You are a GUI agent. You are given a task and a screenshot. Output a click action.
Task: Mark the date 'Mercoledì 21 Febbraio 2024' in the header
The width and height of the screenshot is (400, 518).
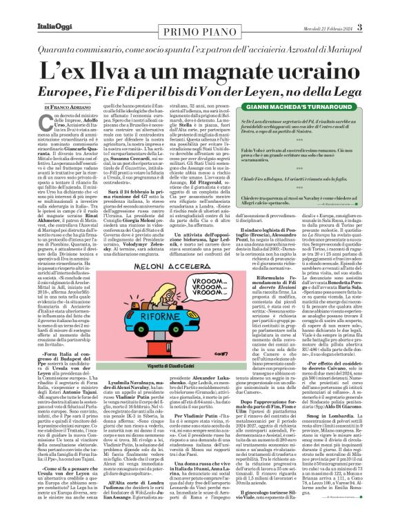tap(348, 9)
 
